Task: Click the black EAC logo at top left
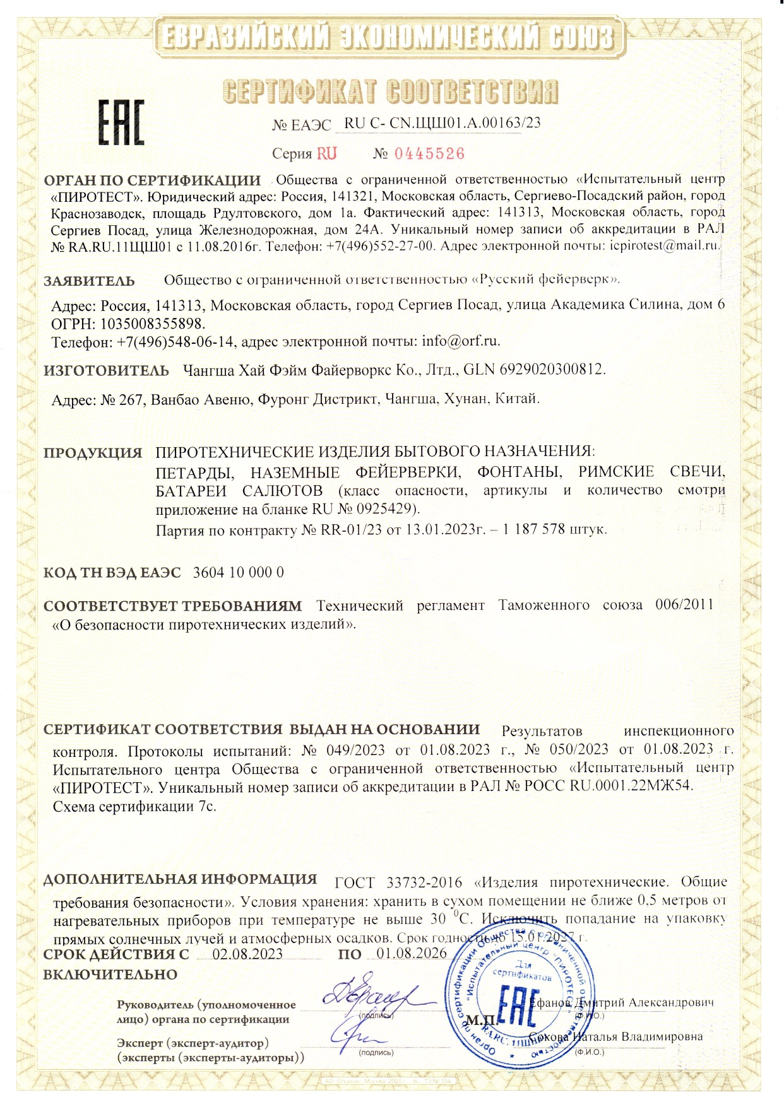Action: (120, 122)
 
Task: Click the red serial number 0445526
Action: (429, 154)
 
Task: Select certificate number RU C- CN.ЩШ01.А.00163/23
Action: (442, 123)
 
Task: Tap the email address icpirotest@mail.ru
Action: (665, 246)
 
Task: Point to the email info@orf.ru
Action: (461, 341)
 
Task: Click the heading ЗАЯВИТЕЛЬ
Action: (89, 281)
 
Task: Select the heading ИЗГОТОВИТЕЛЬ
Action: (106, 370)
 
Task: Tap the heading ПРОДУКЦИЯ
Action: (93, 453)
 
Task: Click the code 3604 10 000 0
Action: (238, 572)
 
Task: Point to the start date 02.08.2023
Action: (247, 954)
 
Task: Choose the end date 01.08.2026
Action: (412, 953)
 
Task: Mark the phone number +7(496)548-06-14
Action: (176, 342)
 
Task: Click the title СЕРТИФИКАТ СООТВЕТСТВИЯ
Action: (391, 92)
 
